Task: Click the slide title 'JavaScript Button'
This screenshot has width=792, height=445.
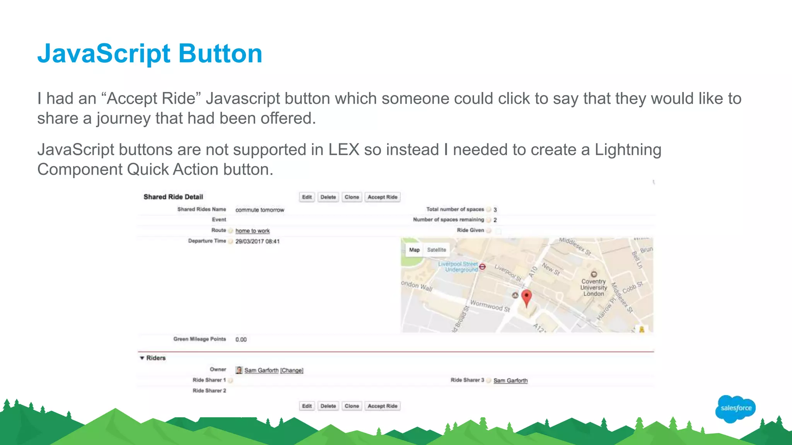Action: click(150, 53)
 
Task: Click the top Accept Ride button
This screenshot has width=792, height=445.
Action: click(382, 197)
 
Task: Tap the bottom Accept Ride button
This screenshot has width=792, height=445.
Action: click(382, 406)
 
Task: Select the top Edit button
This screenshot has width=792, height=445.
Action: click(307, 197)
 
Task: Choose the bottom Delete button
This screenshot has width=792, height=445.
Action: click(328, 406)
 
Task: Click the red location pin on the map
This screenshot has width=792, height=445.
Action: click(526, 298)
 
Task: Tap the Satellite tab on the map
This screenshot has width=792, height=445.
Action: click(436, 250)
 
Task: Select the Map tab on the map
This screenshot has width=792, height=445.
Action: click(414, 250)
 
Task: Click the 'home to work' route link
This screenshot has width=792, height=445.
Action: click(253, 231)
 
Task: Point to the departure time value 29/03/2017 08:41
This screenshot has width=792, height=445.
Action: click(257, 241)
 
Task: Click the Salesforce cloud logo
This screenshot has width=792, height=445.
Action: click(736, 408)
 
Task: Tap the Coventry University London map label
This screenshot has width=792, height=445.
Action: click(594, 287)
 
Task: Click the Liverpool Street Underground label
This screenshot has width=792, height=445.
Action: click(458, 267)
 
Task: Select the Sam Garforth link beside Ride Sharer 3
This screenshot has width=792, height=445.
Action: click(510, 380)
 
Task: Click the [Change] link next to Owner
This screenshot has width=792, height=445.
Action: click(292, 370)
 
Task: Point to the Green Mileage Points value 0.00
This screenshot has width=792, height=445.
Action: click(241, 340)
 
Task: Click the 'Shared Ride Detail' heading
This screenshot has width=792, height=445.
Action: click(173, 197)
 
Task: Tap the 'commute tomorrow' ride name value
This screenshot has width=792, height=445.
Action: click(259, 210)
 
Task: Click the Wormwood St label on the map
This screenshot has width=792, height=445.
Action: click(490, 306)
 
